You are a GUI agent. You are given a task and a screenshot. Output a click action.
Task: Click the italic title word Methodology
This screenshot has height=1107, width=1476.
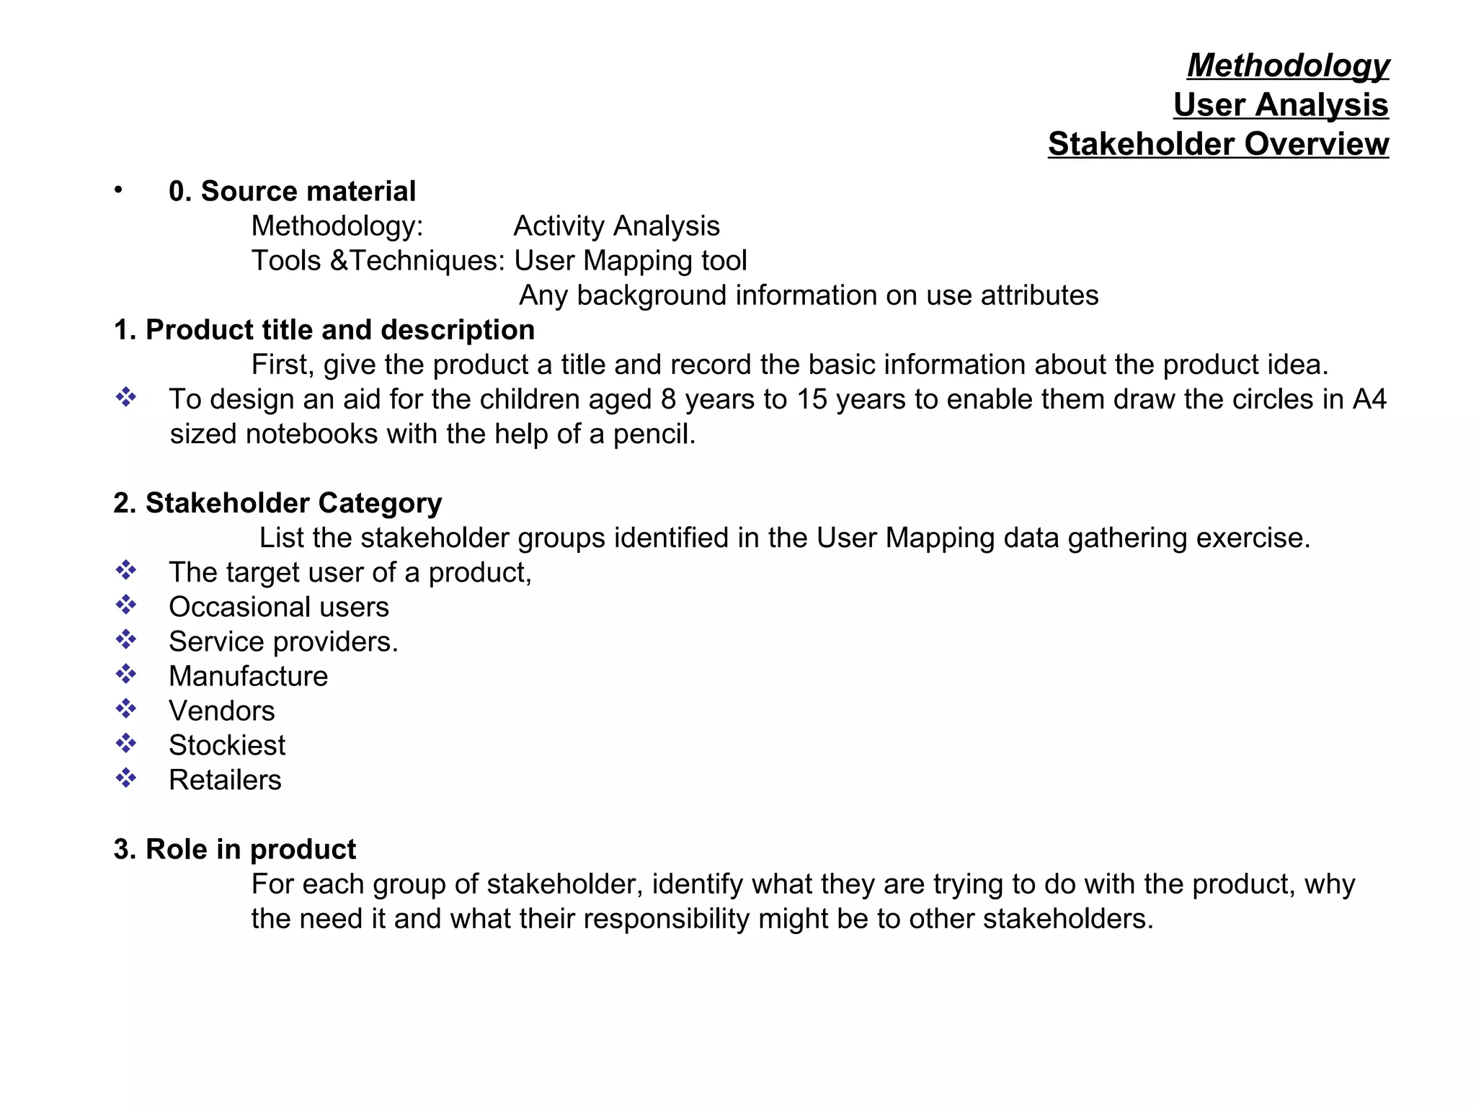pos(1288,66)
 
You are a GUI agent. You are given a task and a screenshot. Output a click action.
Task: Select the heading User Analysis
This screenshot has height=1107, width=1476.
pos(1280,105)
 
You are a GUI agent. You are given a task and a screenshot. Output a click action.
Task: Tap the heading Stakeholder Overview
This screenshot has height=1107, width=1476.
pos(1218,144)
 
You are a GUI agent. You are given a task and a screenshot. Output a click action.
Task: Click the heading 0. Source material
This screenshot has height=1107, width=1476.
pos(292,192)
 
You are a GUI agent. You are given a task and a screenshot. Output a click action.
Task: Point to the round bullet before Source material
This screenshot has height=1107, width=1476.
pos(118,190)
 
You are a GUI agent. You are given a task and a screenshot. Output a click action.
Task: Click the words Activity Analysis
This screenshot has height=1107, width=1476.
pos(616,226)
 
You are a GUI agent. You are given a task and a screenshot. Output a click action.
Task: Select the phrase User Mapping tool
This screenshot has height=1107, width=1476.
pos(631,261)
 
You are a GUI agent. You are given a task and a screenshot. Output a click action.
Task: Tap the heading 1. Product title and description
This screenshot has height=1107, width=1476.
pos(324,330)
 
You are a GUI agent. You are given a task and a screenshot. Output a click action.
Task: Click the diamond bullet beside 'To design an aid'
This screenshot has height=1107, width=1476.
pos(126,397)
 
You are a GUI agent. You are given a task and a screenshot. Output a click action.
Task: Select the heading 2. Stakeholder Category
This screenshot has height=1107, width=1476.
pos(277,503)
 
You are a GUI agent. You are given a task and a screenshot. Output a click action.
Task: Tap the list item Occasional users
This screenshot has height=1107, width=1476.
pos(279,608)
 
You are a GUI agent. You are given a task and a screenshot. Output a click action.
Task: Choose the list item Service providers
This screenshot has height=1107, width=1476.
pos(283,642)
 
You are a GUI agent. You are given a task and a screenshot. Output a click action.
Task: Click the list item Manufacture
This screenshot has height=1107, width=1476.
pos(248,677)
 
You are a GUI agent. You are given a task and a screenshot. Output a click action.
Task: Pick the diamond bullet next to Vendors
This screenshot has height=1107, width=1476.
pos(126,708)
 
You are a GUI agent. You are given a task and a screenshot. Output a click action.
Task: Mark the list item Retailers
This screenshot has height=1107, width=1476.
pos(225,781)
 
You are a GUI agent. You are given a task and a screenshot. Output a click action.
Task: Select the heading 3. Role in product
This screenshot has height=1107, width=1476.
pos(235,850)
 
